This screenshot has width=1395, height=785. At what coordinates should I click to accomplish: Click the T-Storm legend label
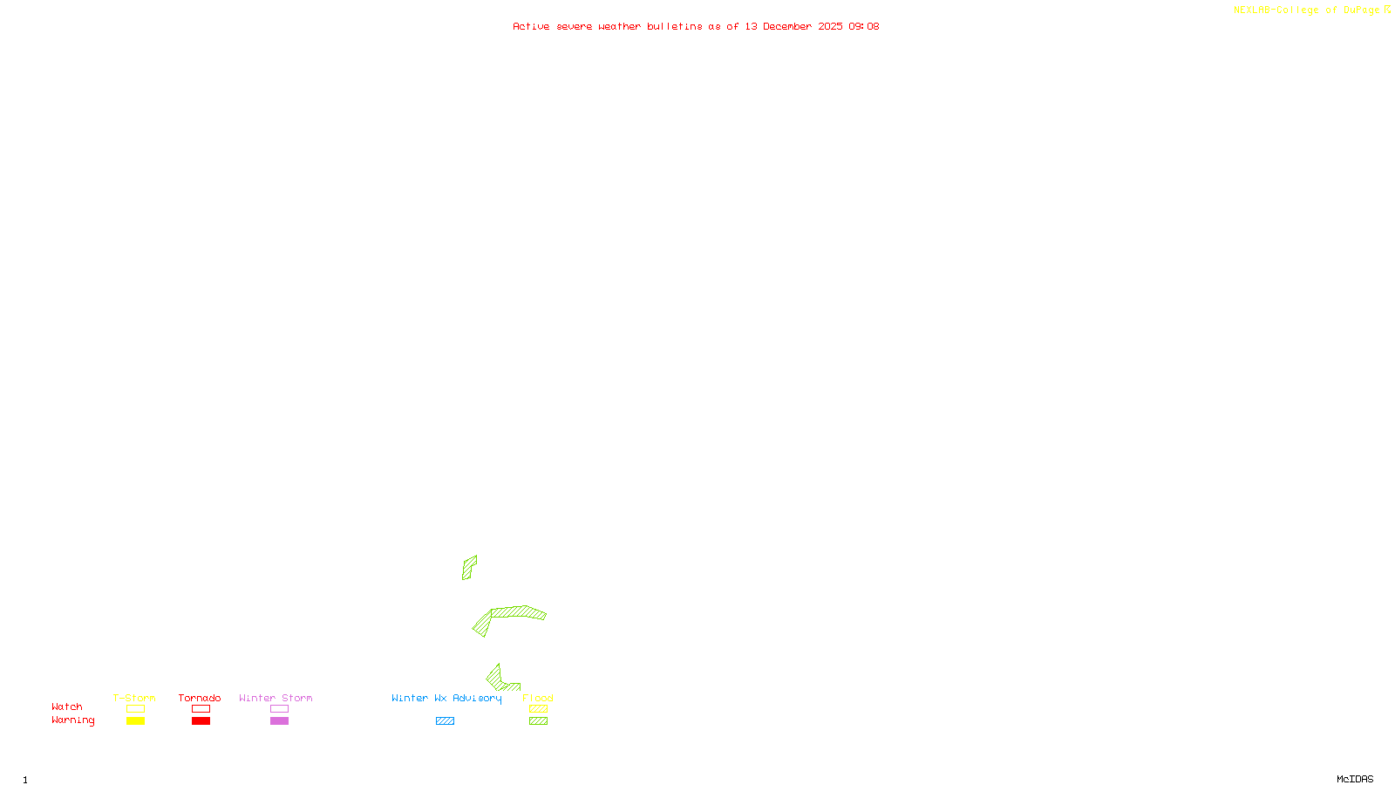coord(134,698)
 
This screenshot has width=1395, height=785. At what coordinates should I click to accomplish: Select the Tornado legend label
coord(200,698)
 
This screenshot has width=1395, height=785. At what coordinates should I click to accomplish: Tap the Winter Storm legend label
coord(276,698)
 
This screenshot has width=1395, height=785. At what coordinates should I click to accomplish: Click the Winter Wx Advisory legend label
coord(446,698)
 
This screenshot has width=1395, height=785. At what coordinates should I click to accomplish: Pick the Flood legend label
coord(538,698)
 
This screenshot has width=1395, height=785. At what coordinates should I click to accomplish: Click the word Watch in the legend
coord(67,706)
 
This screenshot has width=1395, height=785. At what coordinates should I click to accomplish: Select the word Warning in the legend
coord(73,720)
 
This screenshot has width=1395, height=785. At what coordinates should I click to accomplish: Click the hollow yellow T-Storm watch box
coord(135,709)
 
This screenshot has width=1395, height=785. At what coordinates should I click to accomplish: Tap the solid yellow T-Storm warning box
coord(135,721)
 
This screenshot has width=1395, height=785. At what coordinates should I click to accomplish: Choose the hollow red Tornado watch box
coord(201,709)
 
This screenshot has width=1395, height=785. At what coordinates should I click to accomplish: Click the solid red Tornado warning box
coord(201,721)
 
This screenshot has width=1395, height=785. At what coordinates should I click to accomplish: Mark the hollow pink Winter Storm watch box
coord(279,709)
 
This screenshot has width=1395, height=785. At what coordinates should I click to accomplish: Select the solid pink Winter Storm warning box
coord(279,721)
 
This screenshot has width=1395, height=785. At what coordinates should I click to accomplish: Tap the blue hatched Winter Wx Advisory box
coord(445,721)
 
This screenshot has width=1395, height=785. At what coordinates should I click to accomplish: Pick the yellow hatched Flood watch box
coord(538,709)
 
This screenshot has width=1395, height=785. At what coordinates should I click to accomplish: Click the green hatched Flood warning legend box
coord(538,721)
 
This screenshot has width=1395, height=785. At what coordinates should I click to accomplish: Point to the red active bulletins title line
coord(696,26)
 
